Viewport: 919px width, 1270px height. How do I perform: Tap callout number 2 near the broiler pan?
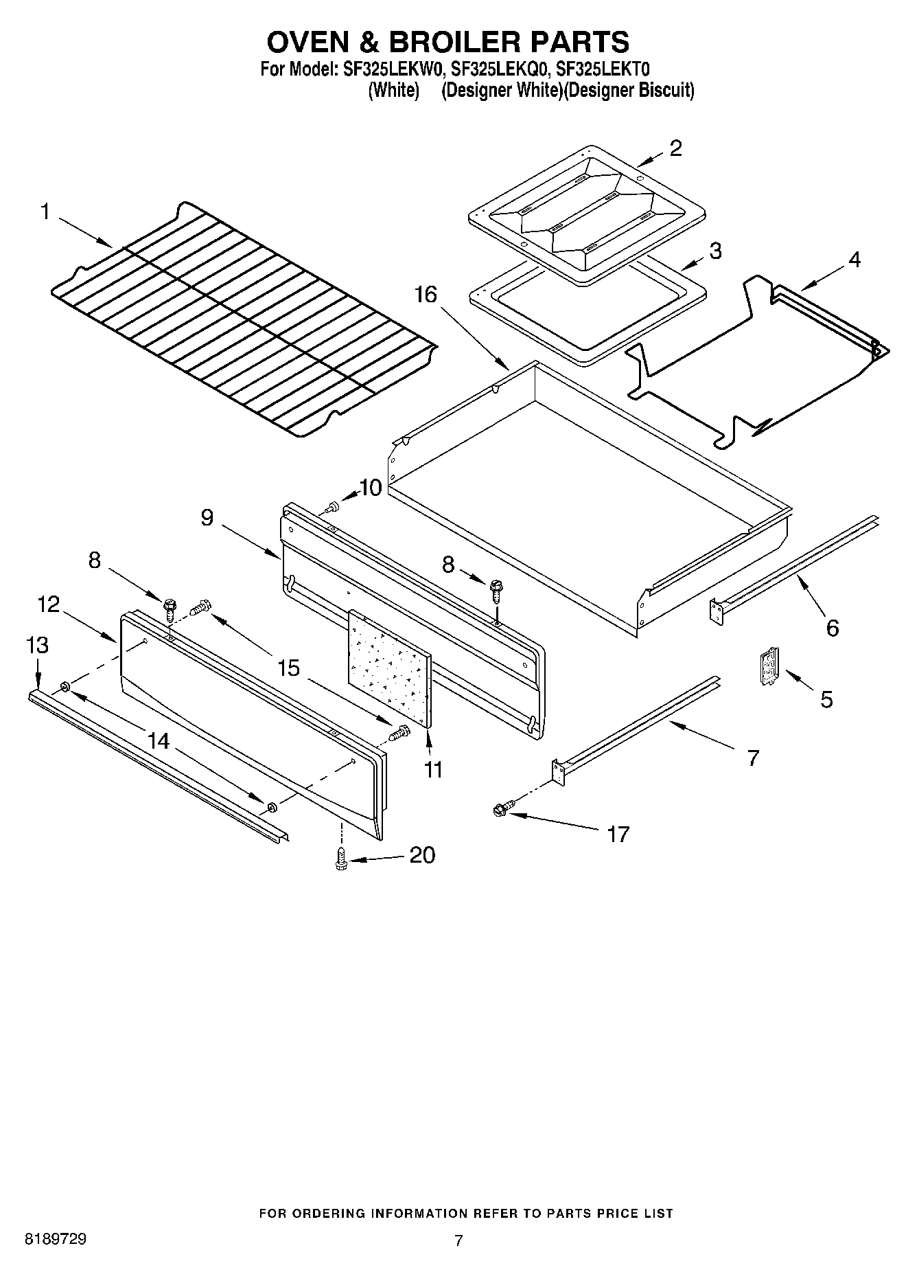click(x=675, y=148)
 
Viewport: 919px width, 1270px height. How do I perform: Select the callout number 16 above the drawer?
click(x=425, y=295)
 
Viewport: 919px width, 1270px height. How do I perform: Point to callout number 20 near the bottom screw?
click(x=422, y=855)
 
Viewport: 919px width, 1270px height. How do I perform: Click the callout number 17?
click(x=618, y=834)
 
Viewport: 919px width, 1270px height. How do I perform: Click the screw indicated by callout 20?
click(x=339, y=858)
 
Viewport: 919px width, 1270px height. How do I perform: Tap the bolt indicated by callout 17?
click(x=500, y=810)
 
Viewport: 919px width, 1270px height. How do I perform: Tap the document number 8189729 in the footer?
click(x=55, y=1240)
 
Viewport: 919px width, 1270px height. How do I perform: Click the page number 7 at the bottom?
click(x=458, y=1240)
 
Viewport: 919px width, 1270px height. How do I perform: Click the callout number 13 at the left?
click(x=37, y=645)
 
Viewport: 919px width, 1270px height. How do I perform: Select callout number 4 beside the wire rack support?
click(x=854, y=260)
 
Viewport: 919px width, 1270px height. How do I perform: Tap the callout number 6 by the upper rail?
click(x=832, y=627)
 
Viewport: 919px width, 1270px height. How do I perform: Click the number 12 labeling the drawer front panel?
click(x=49, y=604)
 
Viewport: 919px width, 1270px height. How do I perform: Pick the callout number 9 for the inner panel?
click(x=207, y=517)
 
